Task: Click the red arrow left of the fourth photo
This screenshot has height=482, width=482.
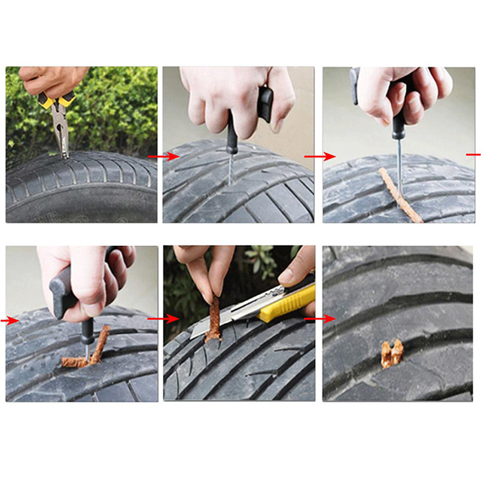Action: pos(10,321)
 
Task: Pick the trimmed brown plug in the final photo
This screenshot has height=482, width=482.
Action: pos(391,354)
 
